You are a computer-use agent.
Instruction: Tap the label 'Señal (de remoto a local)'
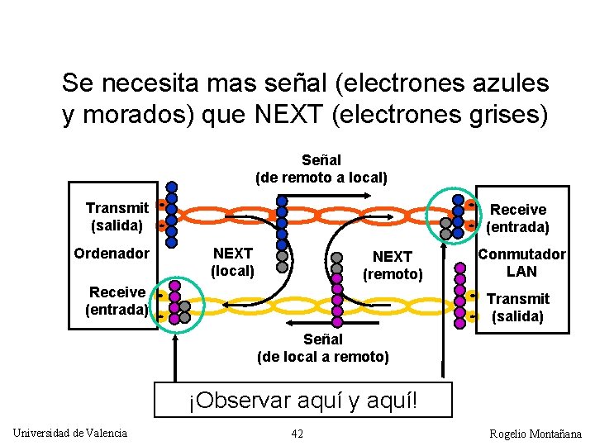(x=321, y=168)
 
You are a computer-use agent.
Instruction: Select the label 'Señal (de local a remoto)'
(x=322, y=348)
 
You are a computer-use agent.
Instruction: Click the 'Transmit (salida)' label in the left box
(x=117, y=216)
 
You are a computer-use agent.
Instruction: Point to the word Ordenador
(x=112, y=253)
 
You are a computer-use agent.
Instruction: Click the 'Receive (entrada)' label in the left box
(x=117, y=301)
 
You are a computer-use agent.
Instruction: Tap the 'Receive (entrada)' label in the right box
(x=518, y=218)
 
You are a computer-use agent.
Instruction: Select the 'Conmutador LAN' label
(x=521, y=263)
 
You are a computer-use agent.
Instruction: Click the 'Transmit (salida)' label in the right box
(x=518, y=307)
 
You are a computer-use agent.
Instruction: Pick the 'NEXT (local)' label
(x=232, y=262)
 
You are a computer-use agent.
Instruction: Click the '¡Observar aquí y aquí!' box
(x=303, y=401)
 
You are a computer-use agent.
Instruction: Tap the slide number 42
(x=297, y=434)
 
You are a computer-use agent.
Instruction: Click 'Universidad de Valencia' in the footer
(x=70, y=433)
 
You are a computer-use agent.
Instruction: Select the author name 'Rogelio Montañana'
(x=535, y=434)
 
